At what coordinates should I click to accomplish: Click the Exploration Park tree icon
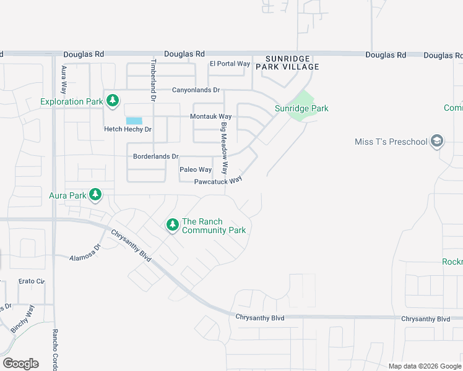click(x=112, y=101)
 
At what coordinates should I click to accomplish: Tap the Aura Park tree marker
click(x=95, y=195)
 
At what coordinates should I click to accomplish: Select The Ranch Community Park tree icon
click(x=172, y=226)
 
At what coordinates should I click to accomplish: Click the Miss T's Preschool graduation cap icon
click(x=437, y=142)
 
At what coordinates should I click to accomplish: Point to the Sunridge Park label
click(x=301, y=108)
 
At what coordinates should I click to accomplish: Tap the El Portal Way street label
click(x=230, y=64)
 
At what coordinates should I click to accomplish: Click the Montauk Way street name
click(x=210, y=116)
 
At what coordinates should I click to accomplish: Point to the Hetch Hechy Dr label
click(x=128, y=129)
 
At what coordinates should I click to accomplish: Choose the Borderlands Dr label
click(x=155, y=156)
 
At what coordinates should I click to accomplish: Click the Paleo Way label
click(x=196, y=169)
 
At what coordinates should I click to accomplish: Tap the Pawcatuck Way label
click(x=217, y=181)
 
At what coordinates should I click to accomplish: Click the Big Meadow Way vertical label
click(x=225, y=148)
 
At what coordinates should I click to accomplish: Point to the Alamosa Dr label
click(x=85, y=255)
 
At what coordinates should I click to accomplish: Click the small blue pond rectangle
click(x=134, y=121)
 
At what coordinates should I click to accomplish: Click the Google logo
click(x=20, y=364)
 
